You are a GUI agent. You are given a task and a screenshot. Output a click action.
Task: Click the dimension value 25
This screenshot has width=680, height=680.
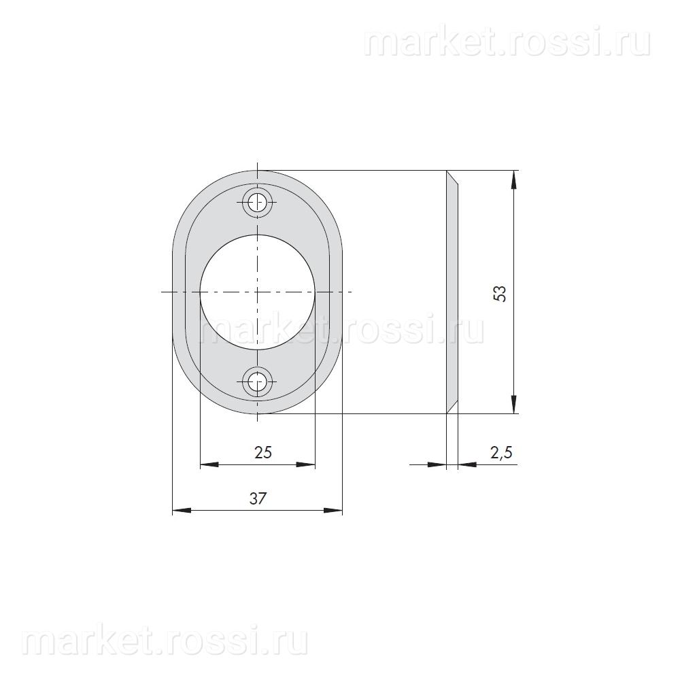coord(262,452)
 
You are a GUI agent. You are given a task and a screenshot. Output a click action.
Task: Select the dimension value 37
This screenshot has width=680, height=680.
coord(257,498)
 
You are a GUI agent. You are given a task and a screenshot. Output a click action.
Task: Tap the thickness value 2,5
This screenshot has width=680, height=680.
coord(501,453)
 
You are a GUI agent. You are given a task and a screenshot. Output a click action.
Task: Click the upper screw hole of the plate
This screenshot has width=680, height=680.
coord(258,202)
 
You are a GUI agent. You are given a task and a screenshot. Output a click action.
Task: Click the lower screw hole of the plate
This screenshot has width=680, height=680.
coord(258,382)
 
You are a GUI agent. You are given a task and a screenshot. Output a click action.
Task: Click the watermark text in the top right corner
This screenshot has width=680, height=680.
coord(507,41)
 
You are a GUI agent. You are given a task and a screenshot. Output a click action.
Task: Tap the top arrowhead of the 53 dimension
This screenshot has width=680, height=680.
coord(514,180)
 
